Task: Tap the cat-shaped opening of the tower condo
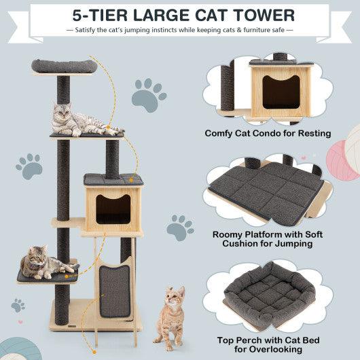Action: [113, 209]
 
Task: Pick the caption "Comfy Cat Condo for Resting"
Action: [268, 133]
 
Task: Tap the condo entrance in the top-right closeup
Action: [281, 91]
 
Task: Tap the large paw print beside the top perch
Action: [149, 94]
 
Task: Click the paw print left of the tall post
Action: [29, 165]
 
